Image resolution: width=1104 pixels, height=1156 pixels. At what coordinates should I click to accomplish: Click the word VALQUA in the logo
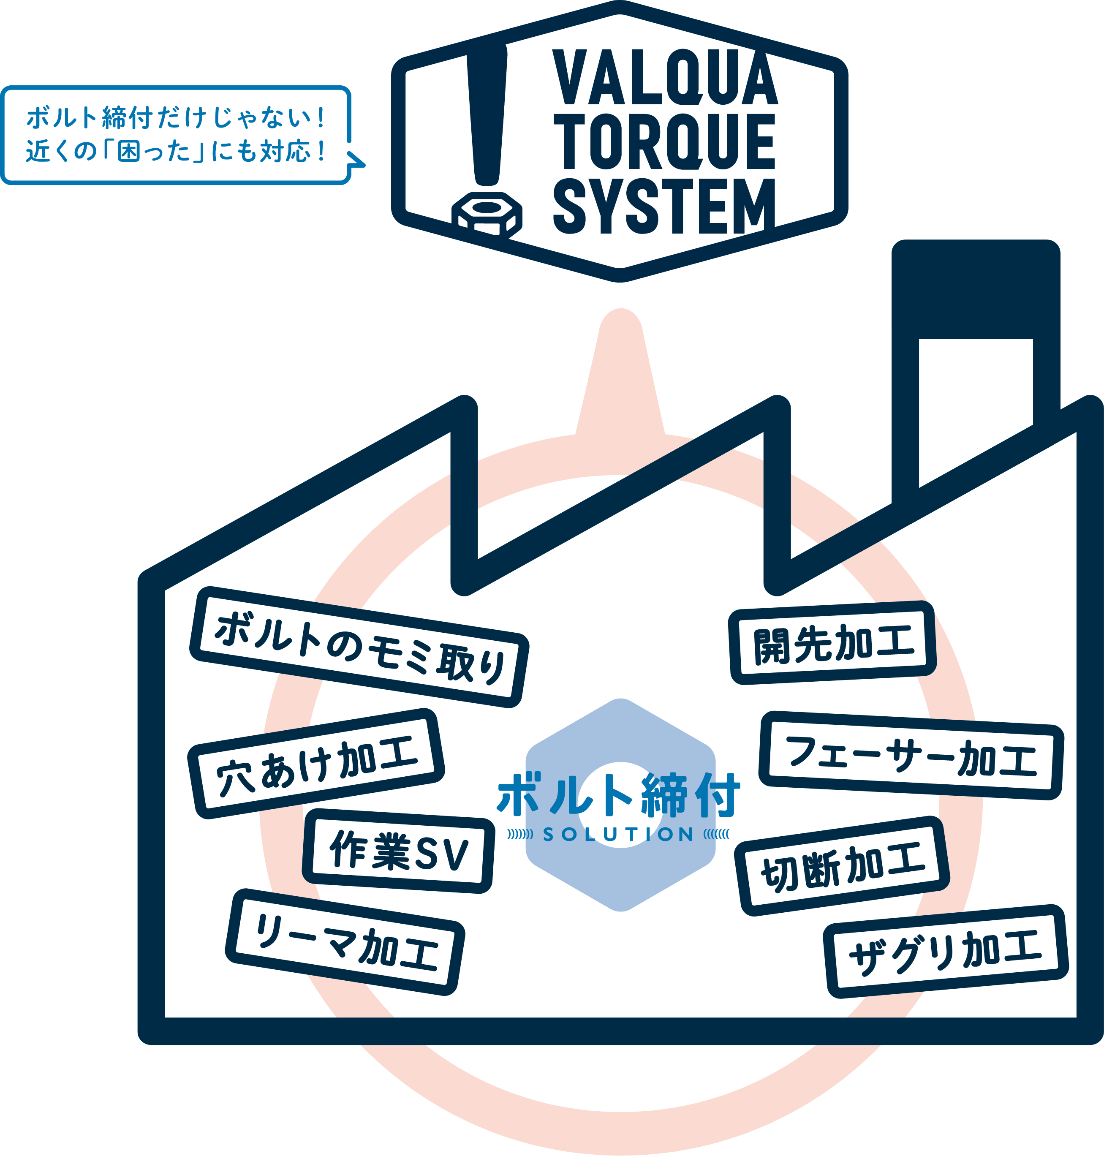click(x=665, y=78)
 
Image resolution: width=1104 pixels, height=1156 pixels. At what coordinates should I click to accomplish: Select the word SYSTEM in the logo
click(x=665, y=206)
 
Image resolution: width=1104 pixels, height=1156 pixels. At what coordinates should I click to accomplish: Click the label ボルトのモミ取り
click(x=359, y=647)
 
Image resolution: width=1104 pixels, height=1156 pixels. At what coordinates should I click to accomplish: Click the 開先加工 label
click(x=833, y=643)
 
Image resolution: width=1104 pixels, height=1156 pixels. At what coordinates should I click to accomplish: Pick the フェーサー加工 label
click(x=911, y=756)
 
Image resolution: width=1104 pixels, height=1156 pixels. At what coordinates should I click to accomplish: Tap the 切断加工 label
click(x=842, y=866)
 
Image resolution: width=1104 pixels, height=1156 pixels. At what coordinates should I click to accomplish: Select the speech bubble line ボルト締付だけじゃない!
click(x=175, y=118)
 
